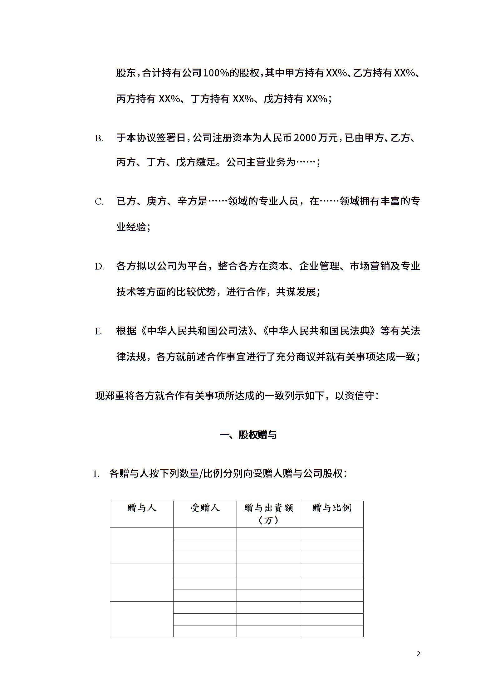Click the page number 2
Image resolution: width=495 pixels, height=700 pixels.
[419, 654]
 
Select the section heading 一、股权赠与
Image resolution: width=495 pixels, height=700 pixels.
[248, 435]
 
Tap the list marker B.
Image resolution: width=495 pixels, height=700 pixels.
[99, 139]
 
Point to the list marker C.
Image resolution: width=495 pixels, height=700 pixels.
[99, 202]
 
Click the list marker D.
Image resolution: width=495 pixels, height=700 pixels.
[99, 267]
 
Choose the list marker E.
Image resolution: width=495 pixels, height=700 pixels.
[99, 331]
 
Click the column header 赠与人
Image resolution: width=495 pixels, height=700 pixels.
[141, 508]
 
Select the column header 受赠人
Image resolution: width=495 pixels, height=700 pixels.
[205, 508]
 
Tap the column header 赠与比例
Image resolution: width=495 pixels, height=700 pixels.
[331, 508]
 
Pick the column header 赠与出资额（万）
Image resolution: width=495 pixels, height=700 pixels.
[268, 513]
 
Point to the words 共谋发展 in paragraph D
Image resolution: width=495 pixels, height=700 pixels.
[296, 292]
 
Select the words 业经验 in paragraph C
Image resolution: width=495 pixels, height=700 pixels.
[131, 227]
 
